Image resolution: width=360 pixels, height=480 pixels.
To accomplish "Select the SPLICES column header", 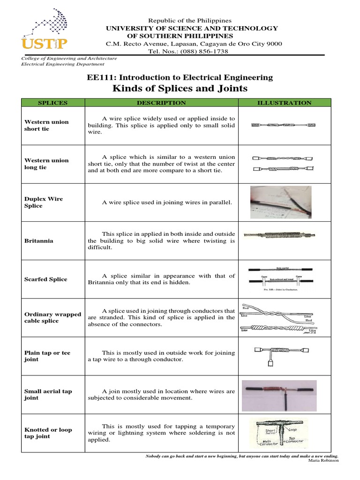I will coord(52,103).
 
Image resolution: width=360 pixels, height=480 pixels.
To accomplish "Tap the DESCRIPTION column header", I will coord(161,103).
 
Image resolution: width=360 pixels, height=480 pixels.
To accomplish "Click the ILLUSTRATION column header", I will coord(285,103).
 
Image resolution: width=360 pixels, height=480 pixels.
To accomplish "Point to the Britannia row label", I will coord(39,240).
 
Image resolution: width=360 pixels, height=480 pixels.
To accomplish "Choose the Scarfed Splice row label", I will coord(46,279).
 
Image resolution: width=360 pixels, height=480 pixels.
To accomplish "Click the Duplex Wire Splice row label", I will coord(44,202).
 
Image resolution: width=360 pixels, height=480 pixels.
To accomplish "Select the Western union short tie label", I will coord(46,125).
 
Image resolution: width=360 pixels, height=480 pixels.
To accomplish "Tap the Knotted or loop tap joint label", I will coord(48,433).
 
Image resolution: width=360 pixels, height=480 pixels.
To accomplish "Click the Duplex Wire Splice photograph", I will coord(280,202).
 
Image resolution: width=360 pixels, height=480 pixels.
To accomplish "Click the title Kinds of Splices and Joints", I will coord(180,89).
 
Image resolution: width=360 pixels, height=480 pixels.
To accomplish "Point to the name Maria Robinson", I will coord(323,460).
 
